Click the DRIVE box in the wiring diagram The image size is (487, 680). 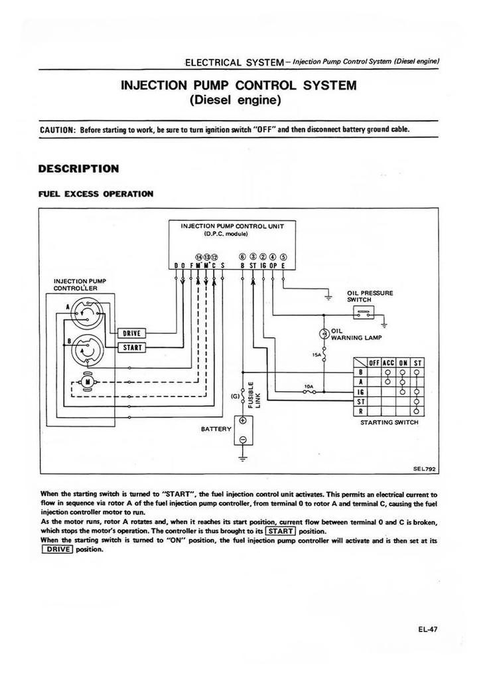click(131, 333)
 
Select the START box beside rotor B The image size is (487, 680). click(131, 347)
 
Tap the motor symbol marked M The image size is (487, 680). click(86, 380)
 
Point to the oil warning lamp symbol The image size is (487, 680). click(324, 333)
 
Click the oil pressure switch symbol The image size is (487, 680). click(363, 313)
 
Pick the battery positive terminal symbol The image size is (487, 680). click(243, 421)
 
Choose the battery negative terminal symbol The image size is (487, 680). click(243, 439)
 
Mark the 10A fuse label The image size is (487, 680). click(308, 385)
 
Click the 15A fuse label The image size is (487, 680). click(316, 355)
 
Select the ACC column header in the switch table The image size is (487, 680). click(388, 363)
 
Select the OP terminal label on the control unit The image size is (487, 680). click(273, 267)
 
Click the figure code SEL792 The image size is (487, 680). click(423, 467)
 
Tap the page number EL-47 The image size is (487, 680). click(427, 630)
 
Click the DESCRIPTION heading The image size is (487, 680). click(79, 169)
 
